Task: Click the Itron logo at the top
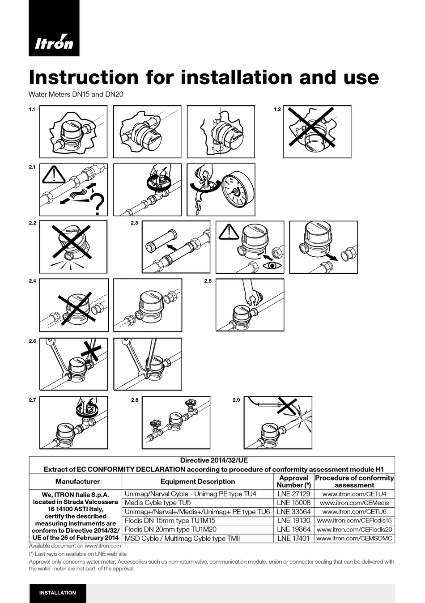click(54, 42)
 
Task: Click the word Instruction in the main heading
click(84, 77)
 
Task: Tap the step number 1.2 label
click(277, 110)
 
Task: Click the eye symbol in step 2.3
click(273, 266)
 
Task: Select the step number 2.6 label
click(32, 341)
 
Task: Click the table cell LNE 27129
click(293, 494)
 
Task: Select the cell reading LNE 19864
click(293, 529)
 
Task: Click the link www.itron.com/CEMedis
click(354, 503)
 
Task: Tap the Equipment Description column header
click(197, 481)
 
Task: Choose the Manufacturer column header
click(77, 481)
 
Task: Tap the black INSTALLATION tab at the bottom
click(58, 593)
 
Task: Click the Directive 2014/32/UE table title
click(213, 460)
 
